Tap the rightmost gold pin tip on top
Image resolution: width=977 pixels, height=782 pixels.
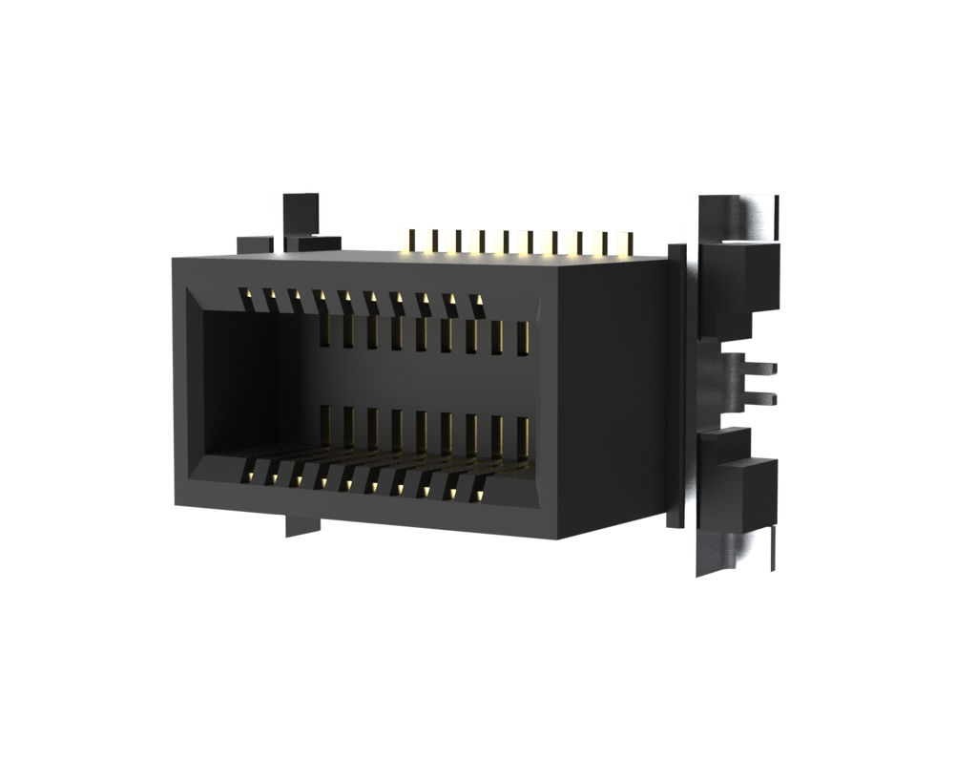[x=623, y=243]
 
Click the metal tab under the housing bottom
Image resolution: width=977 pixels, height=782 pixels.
[x=296, y=525]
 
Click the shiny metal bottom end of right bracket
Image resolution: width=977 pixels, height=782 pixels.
[x=730, y=554]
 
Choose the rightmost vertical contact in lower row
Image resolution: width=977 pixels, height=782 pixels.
[x=522, y=437]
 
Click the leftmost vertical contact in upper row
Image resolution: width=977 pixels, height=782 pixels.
[x=325, y=328]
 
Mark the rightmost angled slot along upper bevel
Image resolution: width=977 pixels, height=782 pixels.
[x=477, y=306]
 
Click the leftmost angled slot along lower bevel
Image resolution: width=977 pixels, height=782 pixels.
[x=250, y=470]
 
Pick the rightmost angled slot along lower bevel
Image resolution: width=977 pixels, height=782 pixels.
[x=477, y=490]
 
